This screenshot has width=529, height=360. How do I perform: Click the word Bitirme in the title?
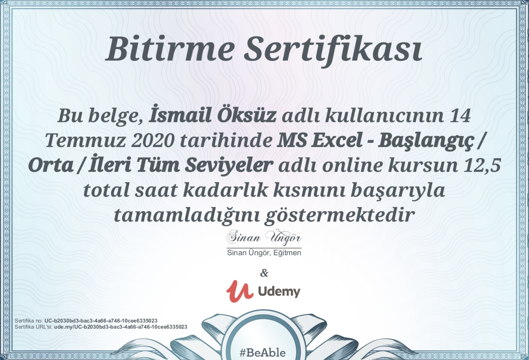pos(170,50)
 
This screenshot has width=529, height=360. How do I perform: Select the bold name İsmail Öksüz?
pos(212,115)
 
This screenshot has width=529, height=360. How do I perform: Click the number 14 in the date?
pos(460,115)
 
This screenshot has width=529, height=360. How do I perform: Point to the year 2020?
pos(153,140)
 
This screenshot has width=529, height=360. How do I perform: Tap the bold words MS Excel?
pos(319,140)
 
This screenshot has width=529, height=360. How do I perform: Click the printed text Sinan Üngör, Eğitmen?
pos(264,253)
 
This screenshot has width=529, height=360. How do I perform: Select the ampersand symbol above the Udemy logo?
pos(264,273)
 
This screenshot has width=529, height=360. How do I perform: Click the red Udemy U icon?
pos(239,291)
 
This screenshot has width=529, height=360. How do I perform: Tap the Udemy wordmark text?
pos(279,291)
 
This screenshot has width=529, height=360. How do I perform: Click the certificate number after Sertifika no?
pos(101,321)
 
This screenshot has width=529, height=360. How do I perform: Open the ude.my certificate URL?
pos(120,327)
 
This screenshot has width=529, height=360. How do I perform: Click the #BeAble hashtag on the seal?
pos(263,353)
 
